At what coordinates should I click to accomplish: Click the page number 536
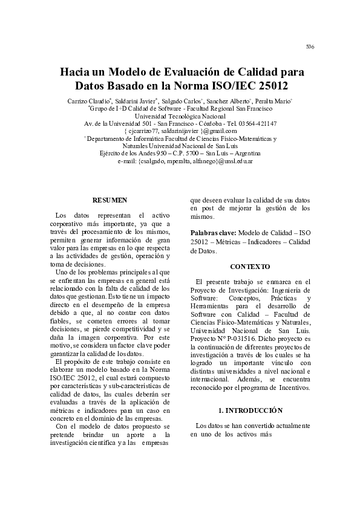click(x=310, y=47)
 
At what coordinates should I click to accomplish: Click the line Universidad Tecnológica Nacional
click(x=180, y=115)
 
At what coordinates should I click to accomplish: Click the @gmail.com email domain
click(x=220, y=131)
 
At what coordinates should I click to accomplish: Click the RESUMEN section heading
click(x=109, y=199)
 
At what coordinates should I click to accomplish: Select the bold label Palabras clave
click(x=214, y=233)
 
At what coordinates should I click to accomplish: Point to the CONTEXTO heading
click(x=250, y=267)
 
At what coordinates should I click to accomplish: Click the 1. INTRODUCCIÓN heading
click(x=250, y=410)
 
